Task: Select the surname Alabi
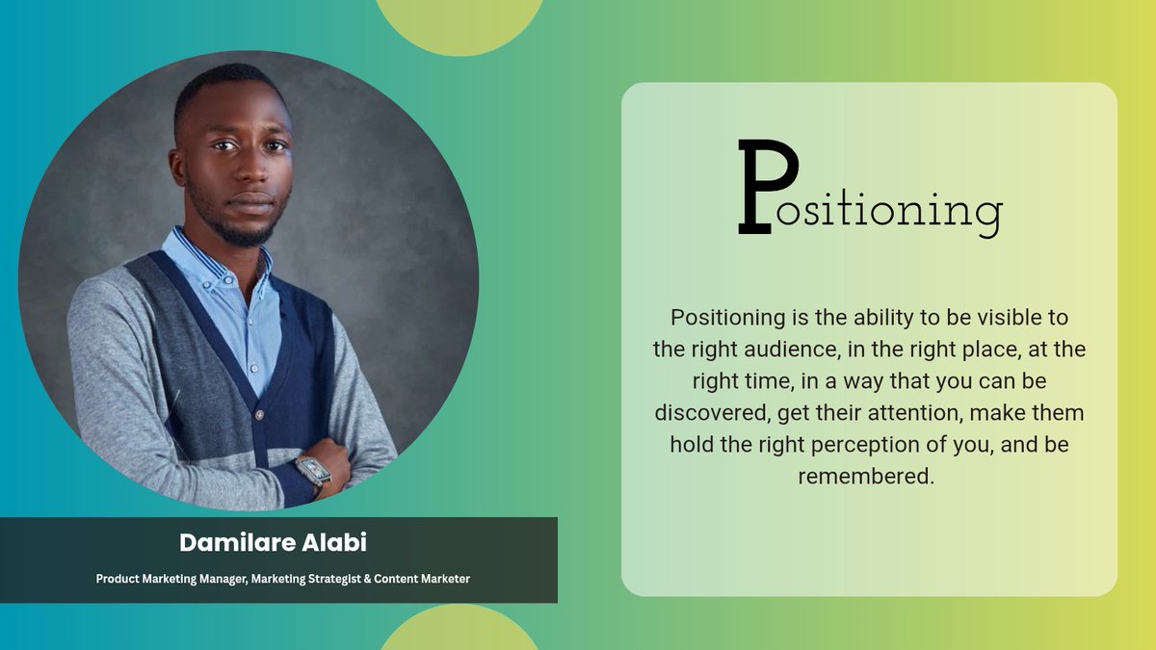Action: tap(335, 542)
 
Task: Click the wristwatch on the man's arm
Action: tap(312, 470)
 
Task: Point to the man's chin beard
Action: tap(249, 229)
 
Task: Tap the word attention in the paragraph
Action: tap(913, 412)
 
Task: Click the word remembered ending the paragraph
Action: tap(867, 476)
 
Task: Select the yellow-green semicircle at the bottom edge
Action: tap(459, 631)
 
